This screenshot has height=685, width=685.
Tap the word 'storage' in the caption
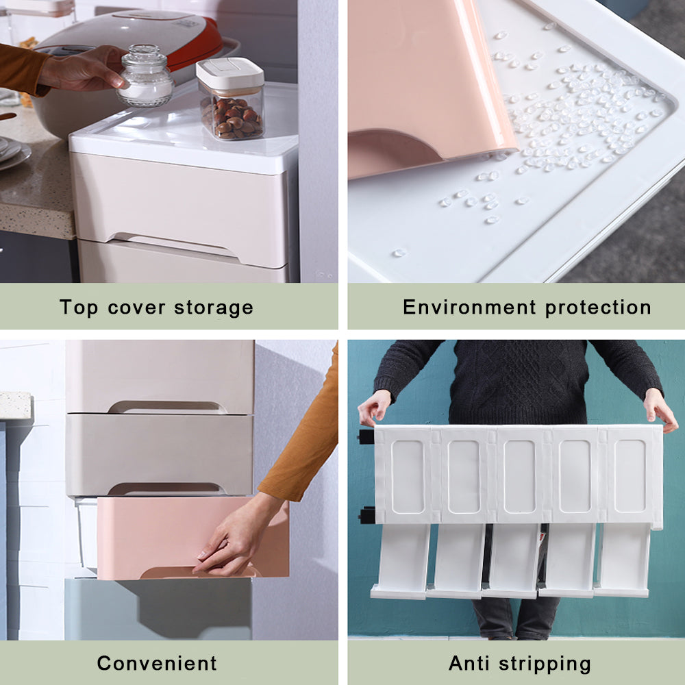tap(214, 308)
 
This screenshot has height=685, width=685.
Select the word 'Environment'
tap(469, 307)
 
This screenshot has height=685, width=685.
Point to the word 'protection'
tap(598, 308)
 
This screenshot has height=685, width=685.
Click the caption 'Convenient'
tap(157, 663)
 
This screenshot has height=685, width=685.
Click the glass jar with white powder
tap(145, 77)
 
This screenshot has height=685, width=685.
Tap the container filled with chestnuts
tap(231, 99)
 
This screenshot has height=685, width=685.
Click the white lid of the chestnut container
tap(229, 72)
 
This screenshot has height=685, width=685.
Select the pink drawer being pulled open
tap(192, 537)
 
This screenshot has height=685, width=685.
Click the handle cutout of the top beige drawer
tap(166, 407)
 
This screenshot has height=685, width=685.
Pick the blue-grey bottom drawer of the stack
tap(158, 609)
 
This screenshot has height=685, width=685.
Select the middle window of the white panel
tap(519, 476)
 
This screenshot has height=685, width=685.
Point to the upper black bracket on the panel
tap(366, 436)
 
